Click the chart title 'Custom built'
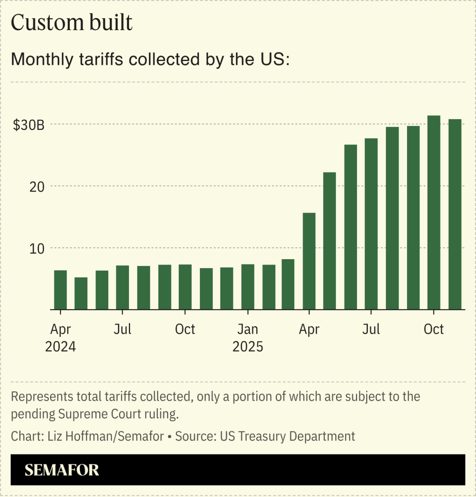(71, 23)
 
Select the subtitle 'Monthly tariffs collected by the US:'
(150, 59)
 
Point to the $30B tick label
(29, 125)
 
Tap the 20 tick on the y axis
(37, 187)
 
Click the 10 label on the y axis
(37, 248)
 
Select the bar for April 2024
(60, 290)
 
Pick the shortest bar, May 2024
(81, 293)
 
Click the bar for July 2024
(122, 288)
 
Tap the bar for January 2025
(248, 287)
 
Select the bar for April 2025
(309, 261)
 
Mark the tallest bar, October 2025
(433, 213)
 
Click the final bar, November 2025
(455, 214)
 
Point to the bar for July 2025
(371, 224)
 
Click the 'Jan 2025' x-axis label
(248, 338)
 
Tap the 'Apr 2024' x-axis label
(60, 338)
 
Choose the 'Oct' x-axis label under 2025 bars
(433, 329)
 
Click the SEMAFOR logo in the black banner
(62, 470)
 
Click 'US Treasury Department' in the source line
(287, 436)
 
